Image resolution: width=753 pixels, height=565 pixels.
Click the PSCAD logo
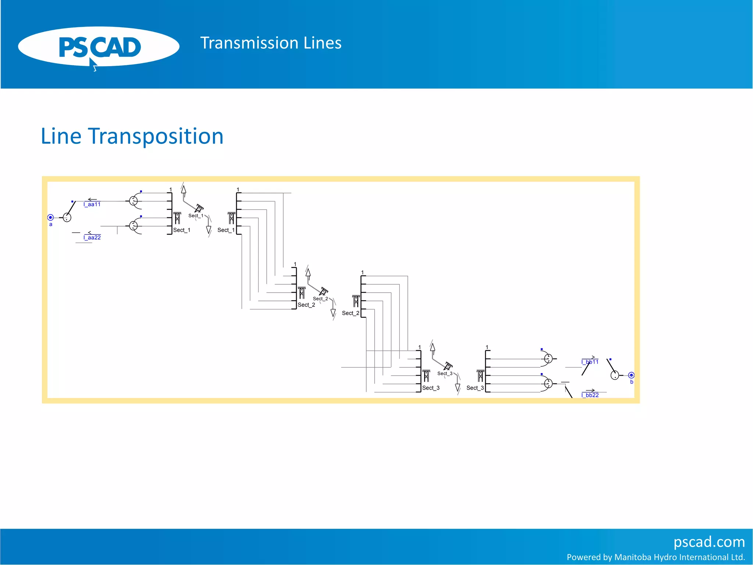click(99, 47)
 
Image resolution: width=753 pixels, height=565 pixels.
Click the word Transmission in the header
click(249, 43)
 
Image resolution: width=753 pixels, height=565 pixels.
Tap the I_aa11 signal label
click(92, 205)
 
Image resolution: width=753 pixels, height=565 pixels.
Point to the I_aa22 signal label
click(92, 238)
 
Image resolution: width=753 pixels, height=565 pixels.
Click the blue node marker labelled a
click(51, 217)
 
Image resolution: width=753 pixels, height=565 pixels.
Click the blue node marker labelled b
click(631, 375)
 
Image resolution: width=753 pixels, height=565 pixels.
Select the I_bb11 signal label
click(590, 362)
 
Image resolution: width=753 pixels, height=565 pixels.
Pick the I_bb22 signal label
click(590, 395)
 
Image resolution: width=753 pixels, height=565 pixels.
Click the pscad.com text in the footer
click(709, 542)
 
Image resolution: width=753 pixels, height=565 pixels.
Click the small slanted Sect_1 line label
click(196, 216)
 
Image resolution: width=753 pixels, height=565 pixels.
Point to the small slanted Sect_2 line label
click(320, 299)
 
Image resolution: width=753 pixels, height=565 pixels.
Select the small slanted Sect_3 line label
click(445, 373)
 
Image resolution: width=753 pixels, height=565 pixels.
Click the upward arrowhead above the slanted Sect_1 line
click(183, 190)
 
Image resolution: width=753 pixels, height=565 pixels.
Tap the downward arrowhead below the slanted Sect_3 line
click(458, 387)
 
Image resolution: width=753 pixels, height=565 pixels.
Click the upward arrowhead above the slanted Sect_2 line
click(308, 273)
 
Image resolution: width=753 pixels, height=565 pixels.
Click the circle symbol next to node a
click(67, 217)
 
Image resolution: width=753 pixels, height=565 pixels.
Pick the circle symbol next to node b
click(615, 375)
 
